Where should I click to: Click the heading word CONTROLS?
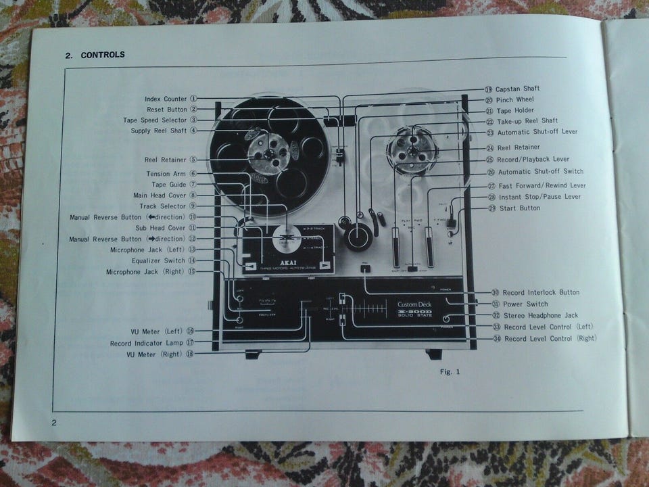point(103,55)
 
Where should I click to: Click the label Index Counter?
point(166,99)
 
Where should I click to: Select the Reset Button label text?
point(167,109)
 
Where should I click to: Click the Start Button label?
point(519,208)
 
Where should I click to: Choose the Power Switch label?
point(529,304)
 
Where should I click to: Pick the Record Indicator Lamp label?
point(147,344)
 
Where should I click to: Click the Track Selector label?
point(164,206)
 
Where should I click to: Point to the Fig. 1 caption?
point(450,371)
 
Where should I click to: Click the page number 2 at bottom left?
point(55,423)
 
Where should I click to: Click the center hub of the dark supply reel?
point(268,154)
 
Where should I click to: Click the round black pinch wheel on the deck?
point(358,238)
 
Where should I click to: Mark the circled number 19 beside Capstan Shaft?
point(488,89)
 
